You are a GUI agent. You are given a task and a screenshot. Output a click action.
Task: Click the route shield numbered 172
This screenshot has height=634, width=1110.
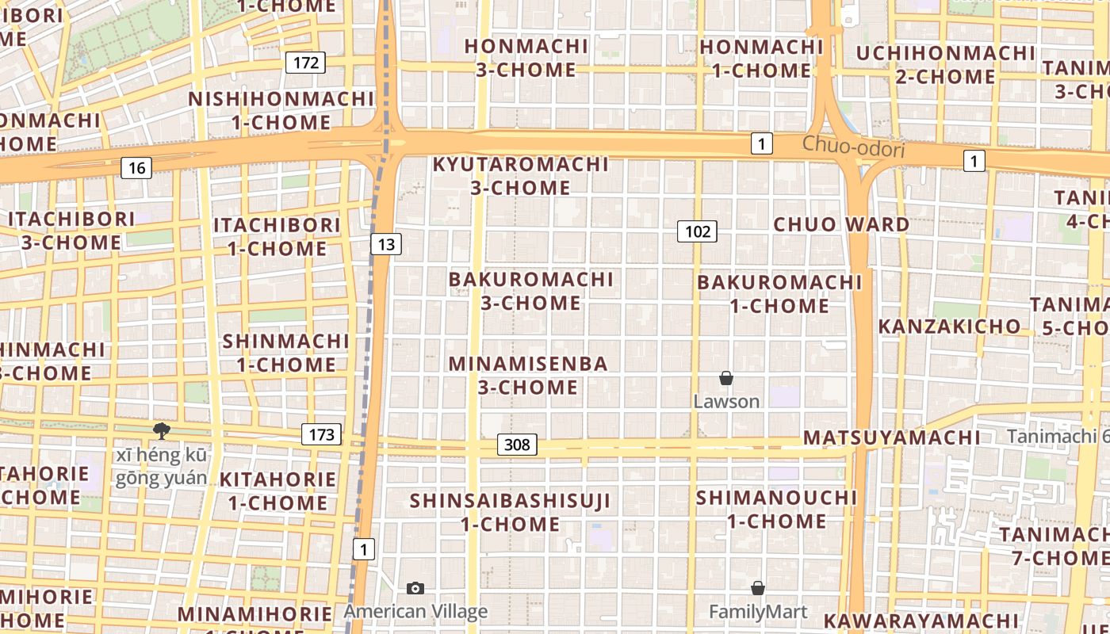coord(305,63)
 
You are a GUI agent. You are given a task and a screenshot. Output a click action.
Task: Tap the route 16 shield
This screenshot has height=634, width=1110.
coord(136,167)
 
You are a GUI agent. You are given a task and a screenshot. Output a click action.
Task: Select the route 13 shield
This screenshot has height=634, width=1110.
coord(385,244)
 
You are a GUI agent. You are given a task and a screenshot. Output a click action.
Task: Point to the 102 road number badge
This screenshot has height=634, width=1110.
coord(697,231)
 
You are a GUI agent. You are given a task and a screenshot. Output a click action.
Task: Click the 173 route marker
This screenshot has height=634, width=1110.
coord(321,434)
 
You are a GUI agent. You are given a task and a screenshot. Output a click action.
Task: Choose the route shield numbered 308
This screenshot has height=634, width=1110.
coord(517,445)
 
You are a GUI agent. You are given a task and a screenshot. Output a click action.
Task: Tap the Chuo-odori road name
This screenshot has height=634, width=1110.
coord(853,147)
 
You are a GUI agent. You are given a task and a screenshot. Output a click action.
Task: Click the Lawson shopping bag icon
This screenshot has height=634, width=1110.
coord(726,379)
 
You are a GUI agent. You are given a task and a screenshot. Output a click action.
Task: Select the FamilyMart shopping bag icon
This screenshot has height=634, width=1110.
coord(758,588)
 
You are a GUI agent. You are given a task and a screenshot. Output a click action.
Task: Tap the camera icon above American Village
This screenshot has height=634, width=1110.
coord(415,588)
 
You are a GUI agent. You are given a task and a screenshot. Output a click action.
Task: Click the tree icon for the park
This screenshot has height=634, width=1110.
coord(162,431)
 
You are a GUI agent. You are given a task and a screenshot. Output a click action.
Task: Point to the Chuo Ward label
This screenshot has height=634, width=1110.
coord(841,224)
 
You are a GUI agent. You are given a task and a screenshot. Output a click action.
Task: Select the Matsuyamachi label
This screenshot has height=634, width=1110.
coord(892,437)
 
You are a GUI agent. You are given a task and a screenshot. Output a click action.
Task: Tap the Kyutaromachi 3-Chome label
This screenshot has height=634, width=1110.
coord(520,176)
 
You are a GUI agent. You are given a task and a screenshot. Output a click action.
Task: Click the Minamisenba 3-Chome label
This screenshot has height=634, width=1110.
coord(528,376)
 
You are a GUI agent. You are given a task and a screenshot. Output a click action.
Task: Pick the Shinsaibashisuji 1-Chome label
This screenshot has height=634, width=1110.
coord(511,512)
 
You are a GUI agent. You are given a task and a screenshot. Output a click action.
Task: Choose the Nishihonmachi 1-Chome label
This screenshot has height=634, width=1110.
coord(281,111)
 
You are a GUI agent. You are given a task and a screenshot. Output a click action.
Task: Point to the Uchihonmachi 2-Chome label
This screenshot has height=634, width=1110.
coord(945,65)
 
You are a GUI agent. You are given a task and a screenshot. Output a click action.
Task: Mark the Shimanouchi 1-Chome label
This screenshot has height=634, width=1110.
coord(776,509)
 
